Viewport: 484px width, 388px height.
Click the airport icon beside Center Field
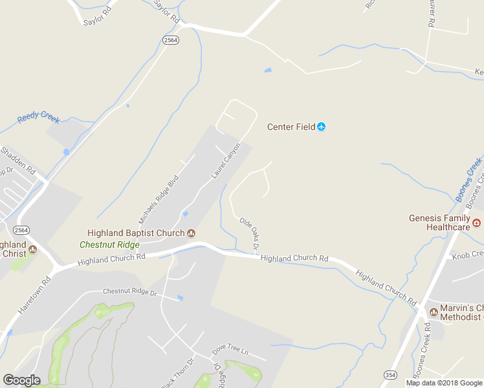(x=322, y=127)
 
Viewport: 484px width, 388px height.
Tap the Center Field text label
(x=291, y=127)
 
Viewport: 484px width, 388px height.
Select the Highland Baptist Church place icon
(x=191, y=233)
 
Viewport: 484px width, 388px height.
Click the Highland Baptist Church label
(x=136, y=233)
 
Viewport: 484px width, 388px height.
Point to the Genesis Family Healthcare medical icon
(x=477, y=223)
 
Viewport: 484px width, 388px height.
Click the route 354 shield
(x=390, y=375)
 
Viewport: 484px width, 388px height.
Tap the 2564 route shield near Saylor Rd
(x=171, y=40)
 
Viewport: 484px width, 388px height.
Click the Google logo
(x=21, y=380)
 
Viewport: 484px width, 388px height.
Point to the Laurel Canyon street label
(x=226, y=160)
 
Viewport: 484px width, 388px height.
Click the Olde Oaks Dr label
(x=249, y=234)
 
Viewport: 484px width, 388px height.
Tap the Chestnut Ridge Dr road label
(x=130, y=293)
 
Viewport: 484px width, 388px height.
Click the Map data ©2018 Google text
(x=445, y=383)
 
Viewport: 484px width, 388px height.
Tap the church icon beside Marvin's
(x=434, y=312)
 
